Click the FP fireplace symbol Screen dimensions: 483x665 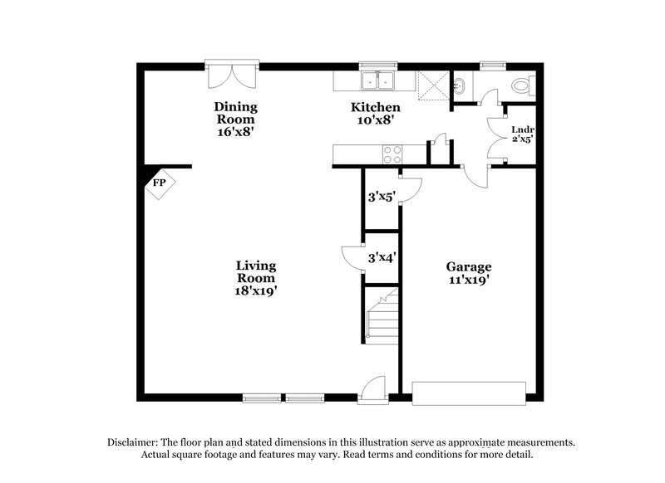pos(158,183)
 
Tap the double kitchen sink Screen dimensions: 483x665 pos(378,80)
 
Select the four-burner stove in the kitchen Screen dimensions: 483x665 pos(391,154)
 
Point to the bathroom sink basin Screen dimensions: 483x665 pos(460,85)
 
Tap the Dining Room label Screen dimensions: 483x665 pos(236,112)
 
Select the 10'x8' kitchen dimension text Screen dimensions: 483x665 pos(372,120)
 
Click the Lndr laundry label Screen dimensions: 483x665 pos(522,129)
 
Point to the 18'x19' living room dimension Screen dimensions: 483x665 pos(255,290)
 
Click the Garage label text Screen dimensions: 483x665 pos(469,266)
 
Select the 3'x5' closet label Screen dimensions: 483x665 pos(382,197)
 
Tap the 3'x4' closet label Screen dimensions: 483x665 pos(382,257)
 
